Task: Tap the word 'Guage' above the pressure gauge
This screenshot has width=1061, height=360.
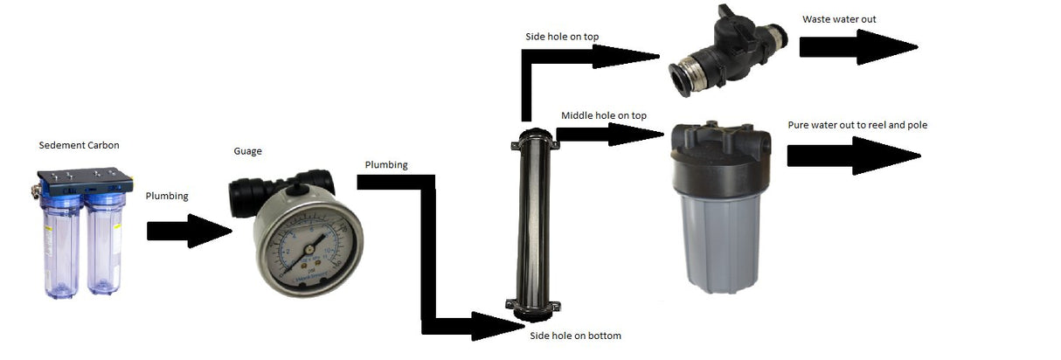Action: point(247,151)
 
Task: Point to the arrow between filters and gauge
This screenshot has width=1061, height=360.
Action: point(187,232)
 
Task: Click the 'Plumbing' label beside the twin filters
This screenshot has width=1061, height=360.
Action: point(166,197)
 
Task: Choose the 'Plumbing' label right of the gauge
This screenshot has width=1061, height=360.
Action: point(386,164)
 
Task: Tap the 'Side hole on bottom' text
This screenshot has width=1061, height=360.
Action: point(575,336)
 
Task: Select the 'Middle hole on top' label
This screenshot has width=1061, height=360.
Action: point(604,115)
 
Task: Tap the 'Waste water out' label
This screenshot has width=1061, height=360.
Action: point(839,19)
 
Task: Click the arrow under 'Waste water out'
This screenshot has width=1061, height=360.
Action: point(857,47)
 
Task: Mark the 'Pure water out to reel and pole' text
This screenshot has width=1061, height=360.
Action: point(856,125)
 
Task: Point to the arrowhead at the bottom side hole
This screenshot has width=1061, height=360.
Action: point(498,326)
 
